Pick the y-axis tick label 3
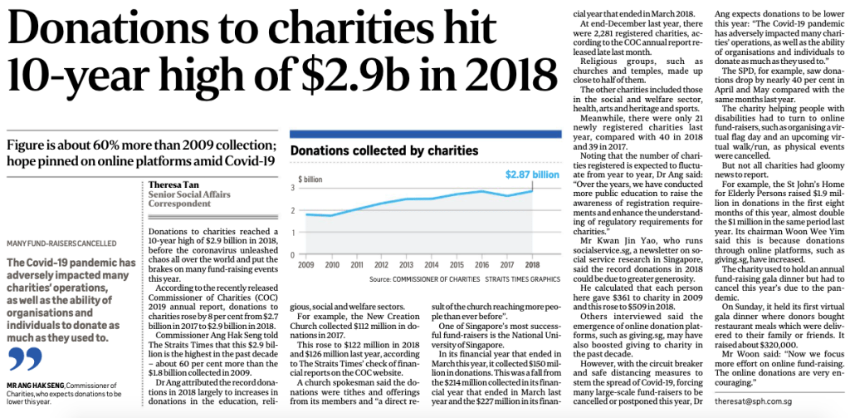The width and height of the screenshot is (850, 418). (x=292, y=188)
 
